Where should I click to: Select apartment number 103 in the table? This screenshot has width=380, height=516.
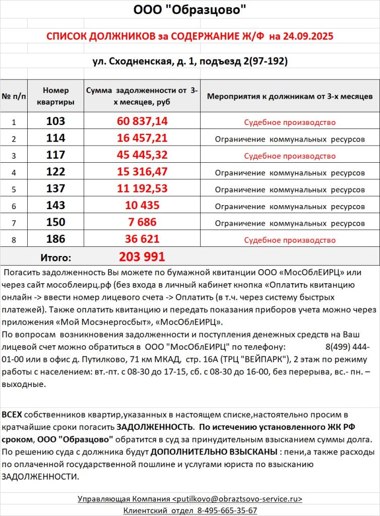pyautogui.click(x=55, y=121)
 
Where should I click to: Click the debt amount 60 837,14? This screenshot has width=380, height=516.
pyautogui.click(x=142, y=121)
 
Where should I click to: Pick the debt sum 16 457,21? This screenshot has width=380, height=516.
pyautogui.click(x=142, y=139)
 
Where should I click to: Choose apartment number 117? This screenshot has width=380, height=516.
pyautogui.click(x=55, y=155)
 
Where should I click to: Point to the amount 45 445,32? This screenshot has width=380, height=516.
pyautogui.click(x=142, y=155)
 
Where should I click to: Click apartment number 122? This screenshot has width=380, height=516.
pyautogui.click(x=55, y=172)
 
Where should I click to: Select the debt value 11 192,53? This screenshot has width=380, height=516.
pyautogui.click(x=142, y=189)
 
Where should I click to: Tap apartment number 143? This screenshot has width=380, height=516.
pyautogui.click(x=55, y=206)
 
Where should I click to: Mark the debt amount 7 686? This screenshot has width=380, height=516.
pyautogui.click(x=142, y=222)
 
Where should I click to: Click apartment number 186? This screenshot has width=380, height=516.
pyautogui.click(x=55, y=239)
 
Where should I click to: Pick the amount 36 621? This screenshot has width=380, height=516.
pyautogui.click(x=142, y=239)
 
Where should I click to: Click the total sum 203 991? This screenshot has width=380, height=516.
pyautogui.click(x=142, y=257)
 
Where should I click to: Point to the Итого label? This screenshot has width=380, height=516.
pyautogui.click(x=55, y=257)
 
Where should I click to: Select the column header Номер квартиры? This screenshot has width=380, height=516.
pyautogui.click(x=55, y=96)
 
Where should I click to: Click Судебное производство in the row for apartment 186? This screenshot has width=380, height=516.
pyautogui.click(x=290, y=240)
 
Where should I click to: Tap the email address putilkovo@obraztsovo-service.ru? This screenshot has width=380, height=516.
pyautogui.click(x=237, y=499)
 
